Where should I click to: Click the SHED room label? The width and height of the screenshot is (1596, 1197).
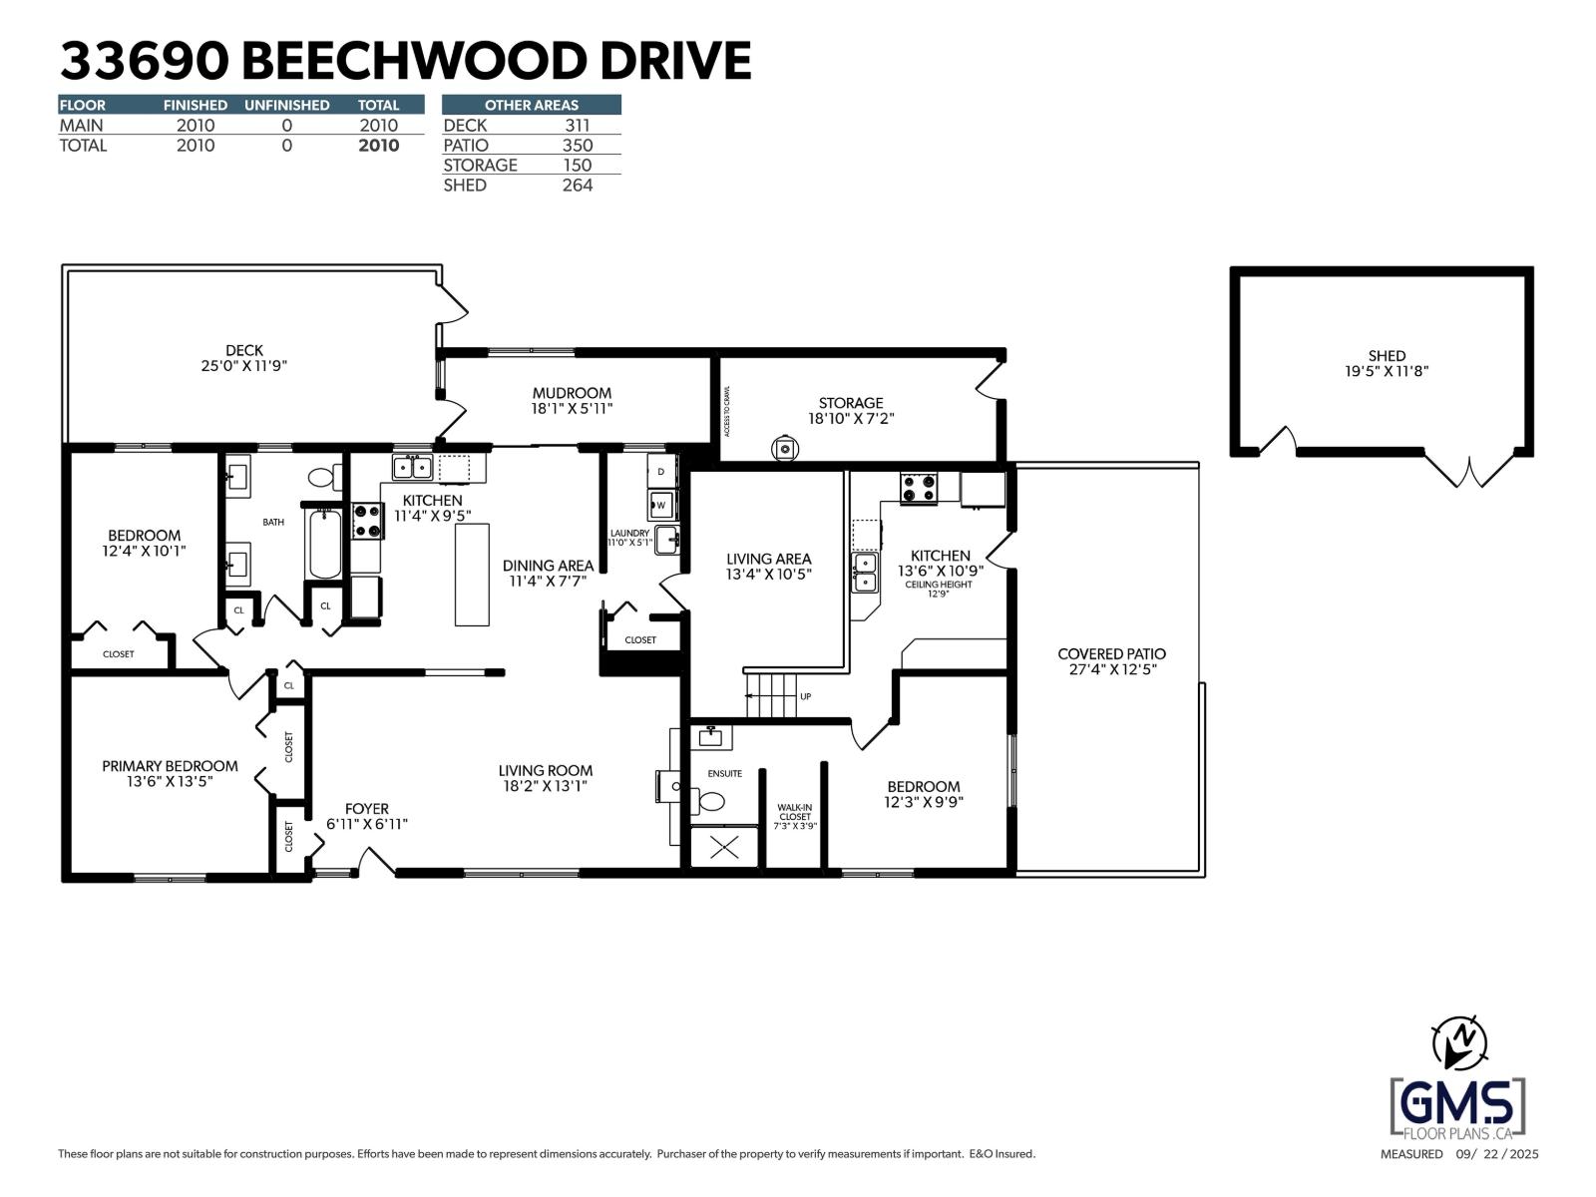click(1386, 356)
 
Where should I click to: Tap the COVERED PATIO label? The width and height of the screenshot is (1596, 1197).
click(1111, 654)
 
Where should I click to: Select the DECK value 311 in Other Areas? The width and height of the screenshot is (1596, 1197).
click(577, 126)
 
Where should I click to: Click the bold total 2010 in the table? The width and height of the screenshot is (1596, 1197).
click(378, 146)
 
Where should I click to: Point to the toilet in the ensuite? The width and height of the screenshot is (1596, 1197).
click(711, 800)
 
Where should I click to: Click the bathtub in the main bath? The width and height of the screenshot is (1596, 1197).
click(324, 545)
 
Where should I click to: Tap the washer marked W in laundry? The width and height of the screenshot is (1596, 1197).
click(661, 506)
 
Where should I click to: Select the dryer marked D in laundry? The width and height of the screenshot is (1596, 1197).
click(661, 471)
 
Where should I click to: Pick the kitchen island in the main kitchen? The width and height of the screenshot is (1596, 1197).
click(472, 575)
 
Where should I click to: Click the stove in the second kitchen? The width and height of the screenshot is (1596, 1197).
click(919, 489)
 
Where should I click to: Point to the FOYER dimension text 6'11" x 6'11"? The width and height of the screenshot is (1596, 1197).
click(367, 825)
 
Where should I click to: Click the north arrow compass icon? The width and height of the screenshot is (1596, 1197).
click(1458, 1042)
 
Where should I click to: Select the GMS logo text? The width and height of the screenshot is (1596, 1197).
click(1457, 1103)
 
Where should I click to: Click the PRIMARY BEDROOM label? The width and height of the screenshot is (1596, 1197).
click(170, 766)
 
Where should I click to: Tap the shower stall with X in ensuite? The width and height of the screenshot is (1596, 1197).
click(724, 848)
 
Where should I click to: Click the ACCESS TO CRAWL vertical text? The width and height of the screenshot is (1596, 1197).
click(727, 411)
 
